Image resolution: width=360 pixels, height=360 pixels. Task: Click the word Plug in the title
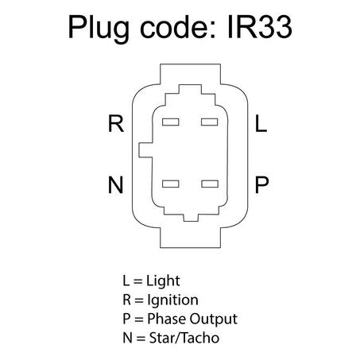point(99,29)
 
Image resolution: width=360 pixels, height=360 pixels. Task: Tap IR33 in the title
point(260,27)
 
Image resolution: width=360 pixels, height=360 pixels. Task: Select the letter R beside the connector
point(116,123)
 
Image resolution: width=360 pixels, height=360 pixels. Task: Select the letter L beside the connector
point(261,123)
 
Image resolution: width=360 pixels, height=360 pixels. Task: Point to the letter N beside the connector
point(115,184)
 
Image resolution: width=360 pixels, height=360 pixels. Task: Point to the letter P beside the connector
point(261,184)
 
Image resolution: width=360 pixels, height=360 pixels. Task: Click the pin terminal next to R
point(171,122)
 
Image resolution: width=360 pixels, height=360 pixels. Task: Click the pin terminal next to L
point(209,122)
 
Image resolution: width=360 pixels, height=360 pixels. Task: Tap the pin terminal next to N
point(171,184)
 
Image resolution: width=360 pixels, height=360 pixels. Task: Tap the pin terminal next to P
point(210,184)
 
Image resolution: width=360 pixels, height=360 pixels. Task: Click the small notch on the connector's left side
point(145,150)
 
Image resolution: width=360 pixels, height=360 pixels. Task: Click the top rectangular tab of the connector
point(190,74)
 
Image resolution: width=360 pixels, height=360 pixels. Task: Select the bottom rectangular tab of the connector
point(190,238)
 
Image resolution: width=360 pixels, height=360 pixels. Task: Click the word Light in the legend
point(163,281)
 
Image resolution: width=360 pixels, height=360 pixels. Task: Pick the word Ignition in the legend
point(172,300)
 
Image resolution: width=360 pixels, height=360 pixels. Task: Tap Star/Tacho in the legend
point(184,338)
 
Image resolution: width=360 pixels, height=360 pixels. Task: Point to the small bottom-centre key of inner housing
point(191,218)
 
